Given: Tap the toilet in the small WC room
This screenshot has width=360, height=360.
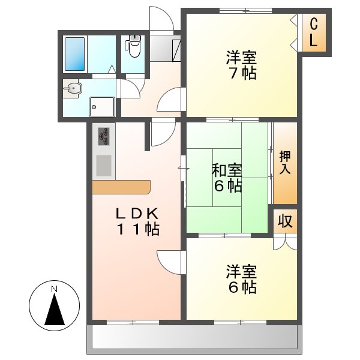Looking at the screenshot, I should (133, 47).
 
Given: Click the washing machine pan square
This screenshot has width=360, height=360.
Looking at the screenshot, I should (102, 106).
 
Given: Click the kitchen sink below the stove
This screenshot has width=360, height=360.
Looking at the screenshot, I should (104, 165).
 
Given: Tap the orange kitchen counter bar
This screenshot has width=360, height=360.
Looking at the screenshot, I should (121, 187).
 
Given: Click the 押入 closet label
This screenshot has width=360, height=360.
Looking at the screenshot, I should (285, 163).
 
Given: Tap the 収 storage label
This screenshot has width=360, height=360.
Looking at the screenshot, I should (285, 221).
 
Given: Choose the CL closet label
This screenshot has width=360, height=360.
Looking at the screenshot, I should (314, 33).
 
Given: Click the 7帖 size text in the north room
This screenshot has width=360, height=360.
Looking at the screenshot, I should (242, 74).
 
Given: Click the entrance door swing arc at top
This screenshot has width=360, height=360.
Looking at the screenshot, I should (161, 18).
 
